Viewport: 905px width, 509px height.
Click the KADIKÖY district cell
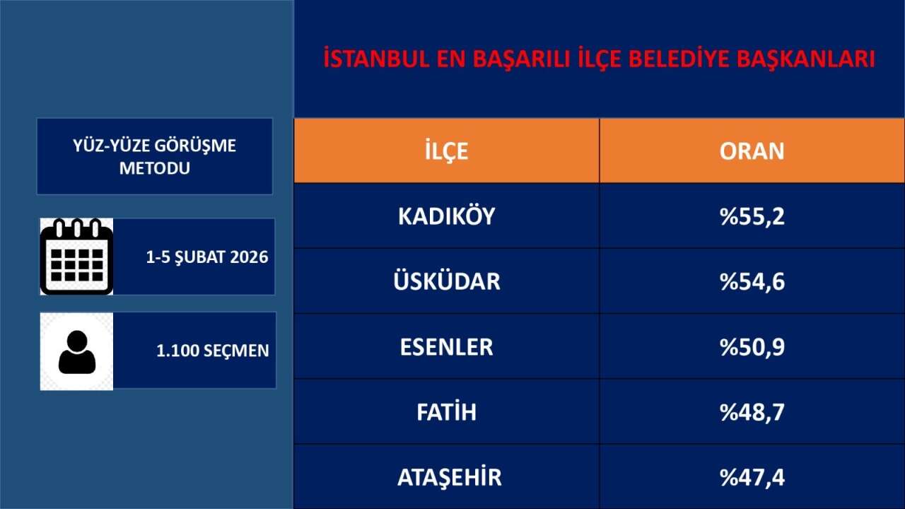(x=446, y=216)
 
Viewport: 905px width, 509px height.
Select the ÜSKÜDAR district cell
(x=446, y=281)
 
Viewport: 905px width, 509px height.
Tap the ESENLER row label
(x=446, y=347)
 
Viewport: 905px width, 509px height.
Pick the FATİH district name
(x=446, y=411)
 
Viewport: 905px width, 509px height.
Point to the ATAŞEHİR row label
(x=449, y=477)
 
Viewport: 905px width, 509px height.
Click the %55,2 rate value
(x=752, y=217)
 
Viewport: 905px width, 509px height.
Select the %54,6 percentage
(x=752, y=281)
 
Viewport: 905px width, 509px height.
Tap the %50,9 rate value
(x=752, y=347)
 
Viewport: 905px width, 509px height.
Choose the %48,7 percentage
(x=752, y=412)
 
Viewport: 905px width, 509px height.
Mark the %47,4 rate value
(x=752, y=477)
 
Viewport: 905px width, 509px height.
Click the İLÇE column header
(x=446, y=151)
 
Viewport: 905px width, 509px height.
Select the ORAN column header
(x=752, y=151)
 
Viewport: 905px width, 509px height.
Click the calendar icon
(x=77, y=257)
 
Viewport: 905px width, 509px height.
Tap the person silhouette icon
(x=77, y=352)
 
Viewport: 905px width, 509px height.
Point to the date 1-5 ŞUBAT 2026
(x=207, y=257)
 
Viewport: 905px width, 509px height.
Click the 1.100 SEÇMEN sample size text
(x=213, y=351)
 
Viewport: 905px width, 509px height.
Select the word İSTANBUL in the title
(x=376, y=59)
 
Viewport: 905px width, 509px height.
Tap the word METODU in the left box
(x=155, y=168)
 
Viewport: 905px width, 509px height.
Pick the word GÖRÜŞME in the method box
(x=195, y=146)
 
